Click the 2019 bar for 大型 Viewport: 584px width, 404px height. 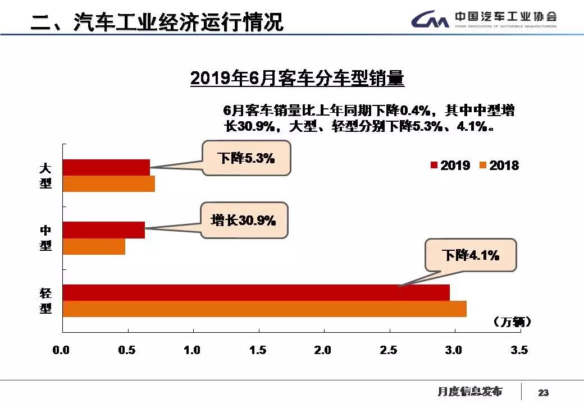[106, 167]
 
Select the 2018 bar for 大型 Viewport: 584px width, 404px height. [108, 184]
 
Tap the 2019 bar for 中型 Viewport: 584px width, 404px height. [103, 230]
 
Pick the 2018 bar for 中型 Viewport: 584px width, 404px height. [94, 247]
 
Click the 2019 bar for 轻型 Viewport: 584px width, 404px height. [255, 292]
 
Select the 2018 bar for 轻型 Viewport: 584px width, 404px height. [264, 309]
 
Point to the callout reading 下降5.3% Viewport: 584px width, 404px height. [247, 158]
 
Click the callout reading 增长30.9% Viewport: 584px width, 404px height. [244, 221]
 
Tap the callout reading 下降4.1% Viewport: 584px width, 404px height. [471, 256]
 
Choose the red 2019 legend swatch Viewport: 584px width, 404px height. [434, 165]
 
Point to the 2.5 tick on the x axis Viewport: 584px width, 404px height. [389, 350]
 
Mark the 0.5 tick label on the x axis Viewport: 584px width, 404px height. [127, 350]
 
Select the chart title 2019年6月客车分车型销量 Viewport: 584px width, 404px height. [297, 78]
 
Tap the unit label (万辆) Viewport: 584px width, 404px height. [512, 322]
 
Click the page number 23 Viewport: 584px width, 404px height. [543, 392]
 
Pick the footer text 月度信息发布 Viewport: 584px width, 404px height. [470, 391]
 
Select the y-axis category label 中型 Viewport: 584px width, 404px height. [45, 238]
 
